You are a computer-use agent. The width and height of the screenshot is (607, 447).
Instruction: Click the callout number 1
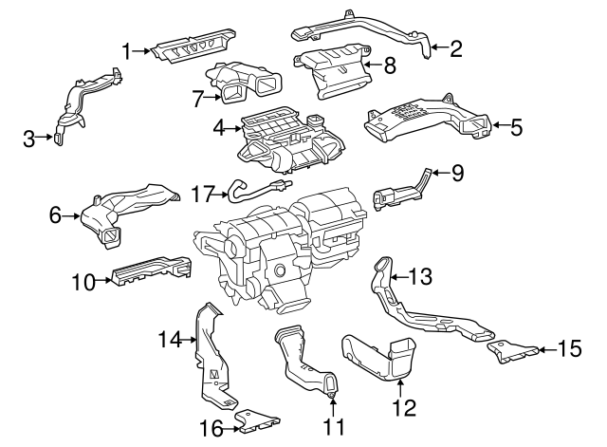tap(125, 49)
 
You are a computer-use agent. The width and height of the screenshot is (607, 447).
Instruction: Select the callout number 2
tap(455, 49)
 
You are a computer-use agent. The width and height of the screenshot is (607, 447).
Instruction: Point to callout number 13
tap(419, 276)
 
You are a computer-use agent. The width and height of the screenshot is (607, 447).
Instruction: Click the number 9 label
tap(457, 173)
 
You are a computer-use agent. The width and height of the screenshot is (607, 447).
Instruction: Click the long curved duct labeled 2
tap(360, 28)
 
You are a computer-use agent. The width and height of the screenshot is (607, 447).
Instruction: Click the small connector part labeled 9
tap(398, 193)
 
